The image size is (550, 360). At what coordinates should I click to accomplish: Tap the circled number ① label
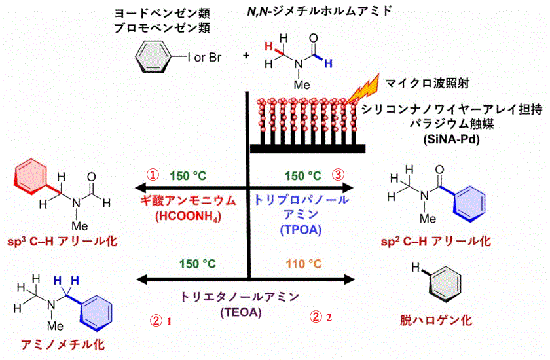pyautogui.click(x=152, y=175)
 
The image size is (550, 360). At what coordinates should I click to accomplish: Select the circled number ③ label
pyautogui.click(x=337, y=175)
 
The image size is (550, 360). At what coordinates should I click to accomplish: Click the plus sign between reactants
pyautogui.click(x=246, y=56)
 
